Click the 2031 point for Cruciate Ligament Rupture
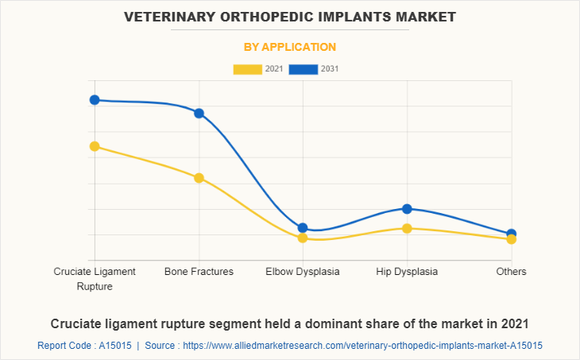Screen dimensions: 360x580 click(x=95, y=100)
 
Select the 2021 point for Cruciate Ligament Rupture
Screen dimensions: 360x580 click(x=95, y=146)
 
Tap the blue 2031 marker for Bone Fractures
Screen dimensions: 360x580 click(x=199, y=113)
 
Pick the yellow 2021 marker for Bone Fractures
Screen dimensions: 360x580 click(x=199, y=178)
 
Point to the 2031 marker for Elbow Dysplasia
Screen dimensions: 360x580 click(x=303, y=228)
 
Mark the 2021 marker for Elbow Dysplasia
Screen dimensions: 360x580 click(x=303, y=238)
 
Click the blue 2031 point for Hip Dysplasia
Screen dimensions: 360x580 click(x=407, y=209)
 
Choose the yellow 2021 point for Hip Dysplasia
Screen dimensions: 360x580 click(x=407, y=229)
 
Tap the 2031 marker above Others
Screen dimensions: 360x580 click(x=511, y=234)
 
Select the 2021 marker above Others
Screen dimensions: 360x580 click(x=511, y=239)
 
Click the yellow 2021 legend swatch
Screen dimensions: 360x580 click(x=247, y=69)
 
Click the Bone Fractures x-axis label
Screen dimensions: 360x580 click(x=199, y=272)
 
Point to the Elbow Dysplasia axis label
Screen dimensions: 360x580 click(x=303, y=272)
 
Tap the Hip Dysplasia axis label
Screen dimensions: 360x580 click(x=407, y=272)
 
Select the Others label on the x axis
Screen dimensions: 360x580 click(x=511, y=272)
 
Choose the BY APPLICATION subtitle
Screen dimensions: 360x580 click(x=289, y=47)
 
